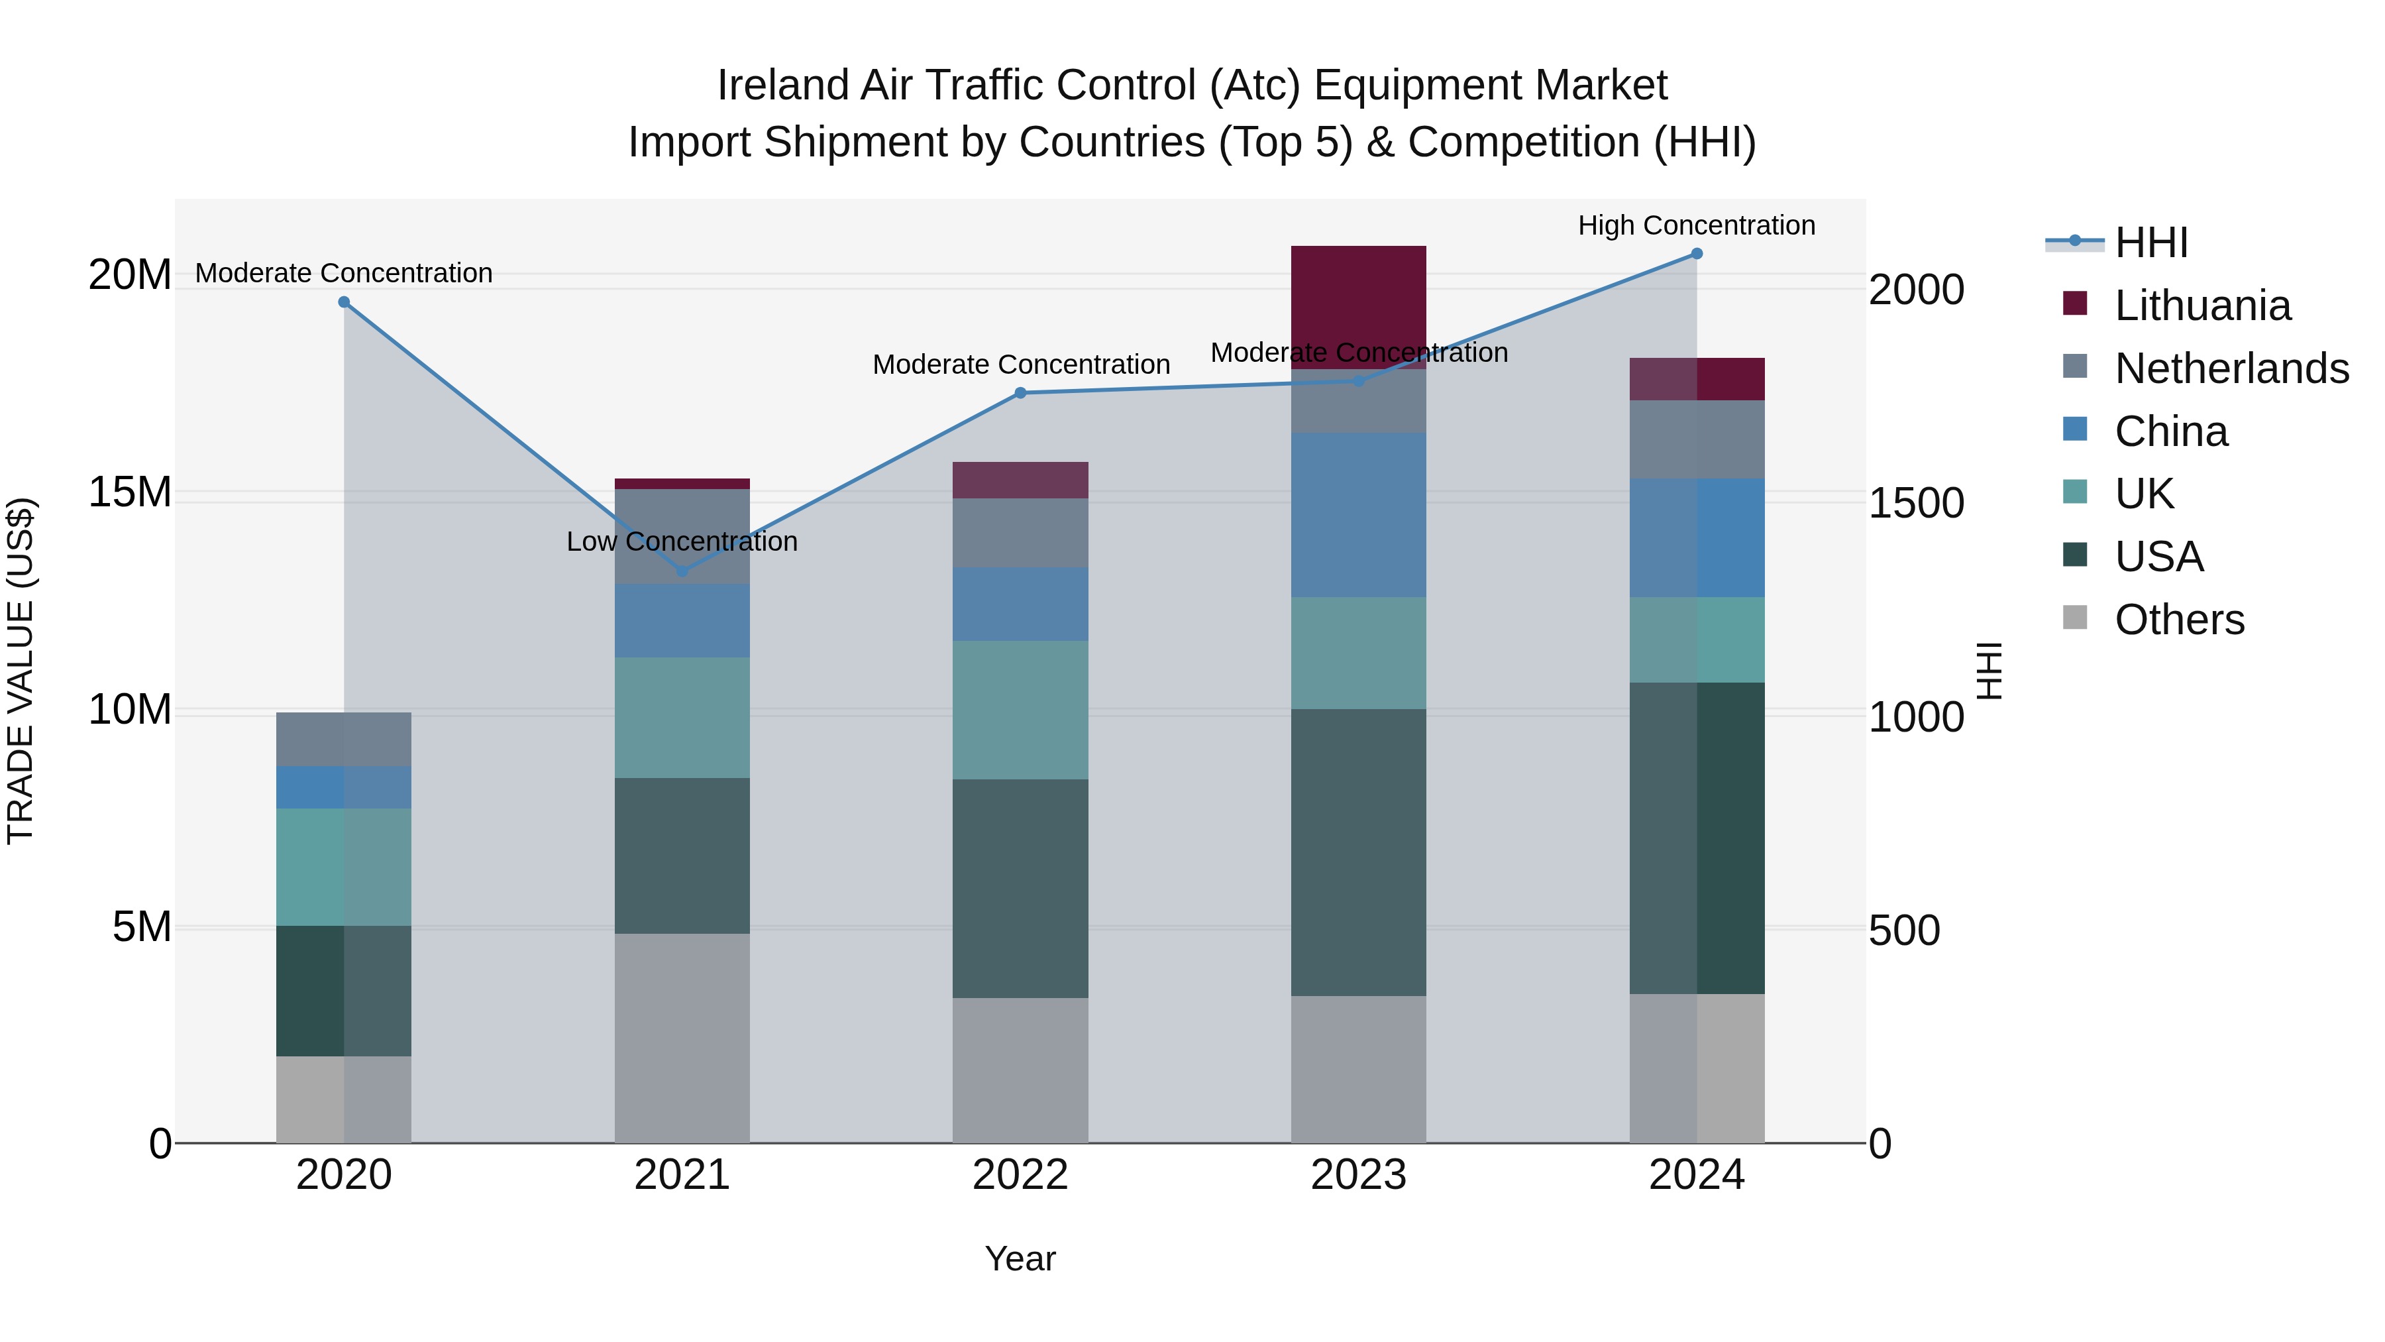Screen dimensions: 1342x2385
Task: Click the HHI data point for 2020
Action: point(343,302)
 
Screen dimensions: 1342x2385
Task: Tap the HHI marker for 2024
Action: point(1696,254)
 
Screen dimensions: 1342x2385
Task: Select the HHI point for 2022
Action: point(1020,393)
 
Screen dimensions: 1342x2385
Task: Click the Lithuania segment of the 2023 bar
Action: point(1358,308)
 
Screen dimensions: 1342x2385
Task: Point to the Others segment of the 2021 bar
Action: point(682,1037)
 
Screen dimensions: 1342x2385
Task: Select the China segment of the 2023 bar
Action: point(1358,514)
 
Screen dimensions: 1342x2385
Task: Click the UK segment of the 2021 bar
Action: point(682,717)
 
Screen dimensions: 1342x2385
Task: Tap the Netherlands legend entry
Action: point(2231,368)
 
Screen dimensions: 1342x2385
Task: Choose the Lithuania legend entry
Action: point(2201,306)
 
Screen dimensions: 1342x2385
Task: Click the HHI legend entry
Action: point(2150,243)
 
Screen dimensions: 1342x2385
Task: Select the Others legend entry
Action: point(2178,620)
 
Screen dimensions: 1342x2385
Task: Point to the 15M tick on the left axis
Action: point(130,492)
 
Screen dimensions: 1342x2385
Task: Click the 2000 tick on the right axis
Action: point(1915,290)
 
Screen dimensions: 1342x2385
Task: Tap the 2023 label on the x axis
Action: point(1358,1175)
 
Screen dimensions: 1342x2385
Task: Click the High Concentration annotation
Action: point(1696,225)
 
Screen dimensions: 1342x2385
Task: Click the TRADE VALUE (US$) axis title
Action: point(21,671)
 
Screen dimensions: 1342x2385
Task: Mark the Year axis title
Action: point(1020,1258)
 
